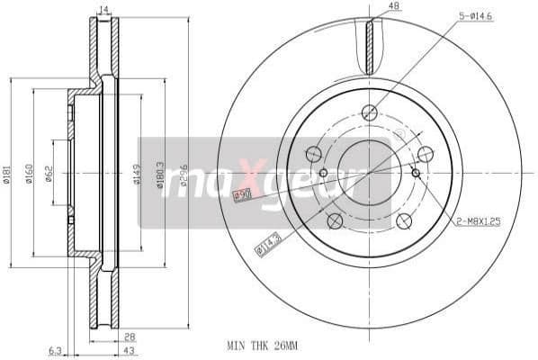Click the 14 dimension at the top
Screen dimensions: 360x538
point(103,10)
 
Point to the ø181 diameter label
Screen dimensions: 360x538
point(7,174)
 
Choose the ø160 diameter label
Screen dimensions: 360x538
point(29,174)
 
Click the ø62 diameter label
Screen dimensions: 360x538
point(49,174)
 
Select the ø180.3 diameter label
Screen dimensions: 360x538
point(160,174)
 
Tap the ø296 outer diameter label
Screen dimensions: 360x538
point(184,174)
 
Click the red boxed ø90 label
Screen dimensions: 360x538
point(241,195)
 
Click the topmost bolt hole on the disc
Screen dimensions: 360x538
point(368,112)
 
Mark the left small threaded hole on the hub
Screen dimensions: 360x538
point(323,173)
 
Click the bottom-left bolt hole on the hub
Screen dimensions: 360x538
point(333,221)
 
